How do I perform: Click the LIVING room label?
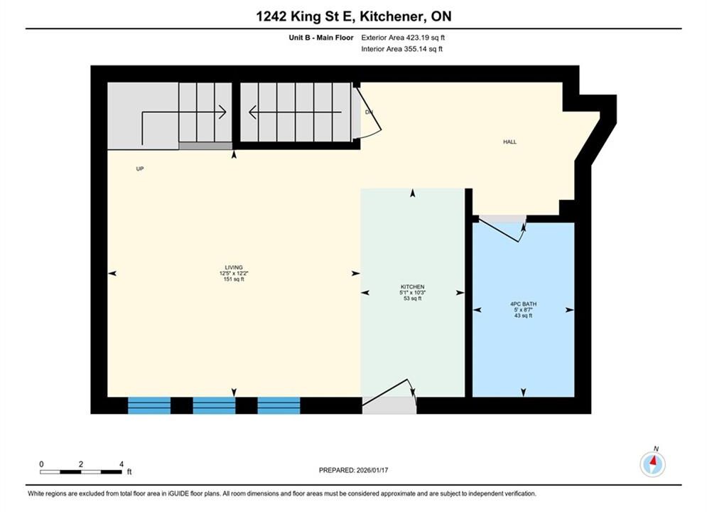click(234, 267)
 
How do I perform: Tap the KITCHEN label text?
click(413, 287)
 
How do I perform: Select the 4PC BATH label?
click(523, 304)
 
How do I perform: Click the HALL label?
click(510, 142)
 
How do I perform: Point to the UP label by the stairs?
click(140, 169)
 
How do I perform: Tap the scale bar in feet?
click(81, 472)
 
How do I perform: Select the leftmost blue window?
click(149, 405)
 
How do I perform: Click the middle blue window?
click(214, 405)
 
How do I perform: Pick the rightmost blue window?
click(279, 405)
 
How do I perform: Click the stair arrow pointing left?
click(295, 112)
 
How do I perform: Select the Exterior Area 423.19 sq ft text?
click(403, 38)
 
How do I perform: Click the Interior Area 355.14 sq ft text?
click(401, 49)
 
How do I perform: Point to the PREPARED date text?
click(354, 470)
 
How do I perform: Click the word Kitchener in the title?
click(392, 16)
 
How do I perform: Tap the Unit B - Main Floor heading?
click(321, 38)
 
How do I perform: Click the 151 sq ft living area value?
click(234, 279)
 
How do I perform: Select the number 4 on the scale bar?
click(122, 464)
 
